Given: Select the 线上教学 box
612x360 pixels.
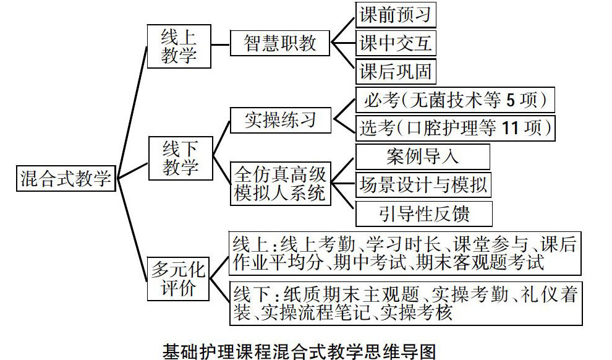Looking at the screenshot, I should click(179, 46).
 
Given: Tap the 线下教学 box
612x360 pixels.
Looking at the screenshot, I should click(181, 158).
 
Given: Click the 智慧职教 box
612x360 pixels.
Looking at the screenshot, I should click(279, 43).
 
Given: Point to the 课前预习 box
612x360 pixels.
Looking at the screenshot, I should click(396, 14).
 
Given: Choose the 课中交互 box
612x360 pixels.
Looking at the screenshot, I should click(396, 43).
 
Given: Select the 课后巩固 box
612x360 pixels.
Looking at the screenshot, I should click(396, 72).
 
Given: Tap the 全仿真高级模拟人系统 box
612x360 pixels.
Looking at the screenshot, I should click(279, 183).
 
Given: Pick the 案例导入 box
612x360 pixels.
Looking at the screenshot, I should click(423, 156).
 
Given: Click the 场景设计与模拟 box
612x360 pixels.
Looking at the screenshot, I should click(424, 184).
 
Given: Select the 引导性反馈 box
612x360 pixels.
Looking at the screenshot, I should click(424, 213).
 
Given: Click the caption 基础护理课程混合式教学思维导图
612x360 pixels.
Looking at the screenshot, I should click(299, 351).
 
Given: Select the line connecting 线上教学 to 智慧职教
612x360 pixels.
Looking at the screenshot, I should click(221, 43).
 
